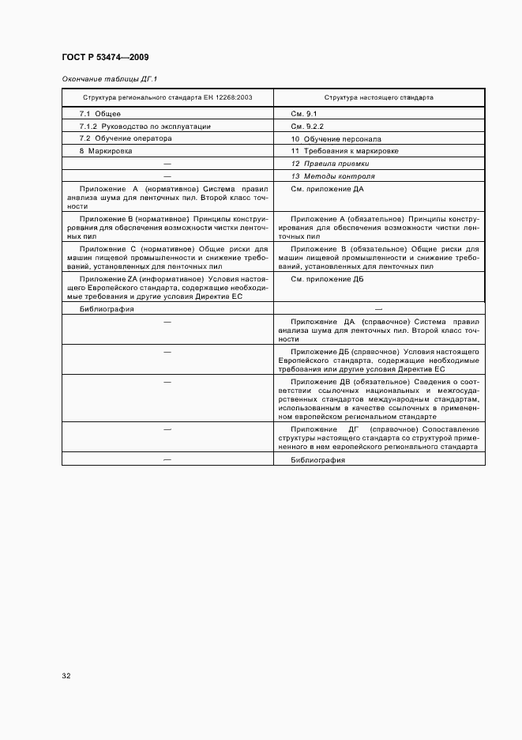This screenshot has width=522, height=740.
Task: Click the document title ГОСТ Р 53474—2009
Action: tap(105, 58)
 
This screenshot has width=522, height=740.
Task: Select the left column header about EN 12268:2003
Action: tap(167, 99)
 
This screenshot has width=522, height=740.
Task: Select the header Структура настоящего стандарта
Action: tap(379, 99)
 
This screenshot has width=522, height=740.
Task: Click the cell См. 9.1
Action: tap(304, 114)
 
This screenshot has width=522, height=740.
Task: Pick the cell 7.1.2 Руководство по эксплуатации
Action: tap(145, 126)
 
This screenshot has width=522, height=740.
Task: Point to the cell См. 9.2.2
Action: tap(308, 126)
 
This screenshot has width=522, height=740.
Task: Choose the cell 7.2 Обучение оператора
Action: tap(126, 138)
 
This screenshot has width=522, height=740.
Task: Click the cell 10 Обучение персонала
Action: tap(336, 138)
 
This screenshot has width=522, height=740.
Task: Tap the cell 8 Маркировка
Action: tap(106, 150)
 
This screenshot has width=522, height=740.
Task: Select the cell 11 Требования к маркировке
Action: tap(345, 150)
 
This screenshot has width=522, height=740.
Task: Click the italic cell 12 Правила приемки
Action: tap(330, 163)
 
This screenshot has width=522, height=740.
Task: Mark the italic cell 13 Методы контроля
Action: tap(333, 176)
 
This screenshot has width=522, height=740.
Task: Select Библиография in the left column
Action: tap(107, 309)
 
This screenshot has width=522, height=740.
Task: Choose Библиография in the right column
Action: tap(318, 459)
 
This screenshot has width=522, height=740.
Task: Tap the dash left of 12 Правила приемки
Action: tap(167, 163)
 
